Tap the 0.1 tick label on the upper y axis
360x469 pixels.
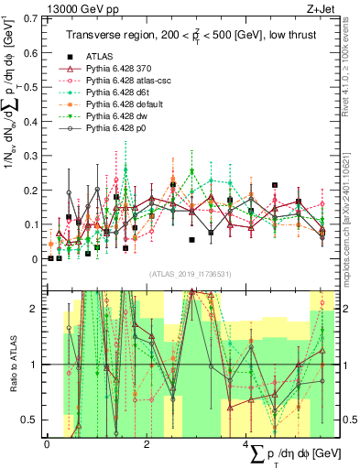tap(32, 225)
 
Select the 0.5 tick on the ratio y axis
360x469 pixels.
tap(32, 420)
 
